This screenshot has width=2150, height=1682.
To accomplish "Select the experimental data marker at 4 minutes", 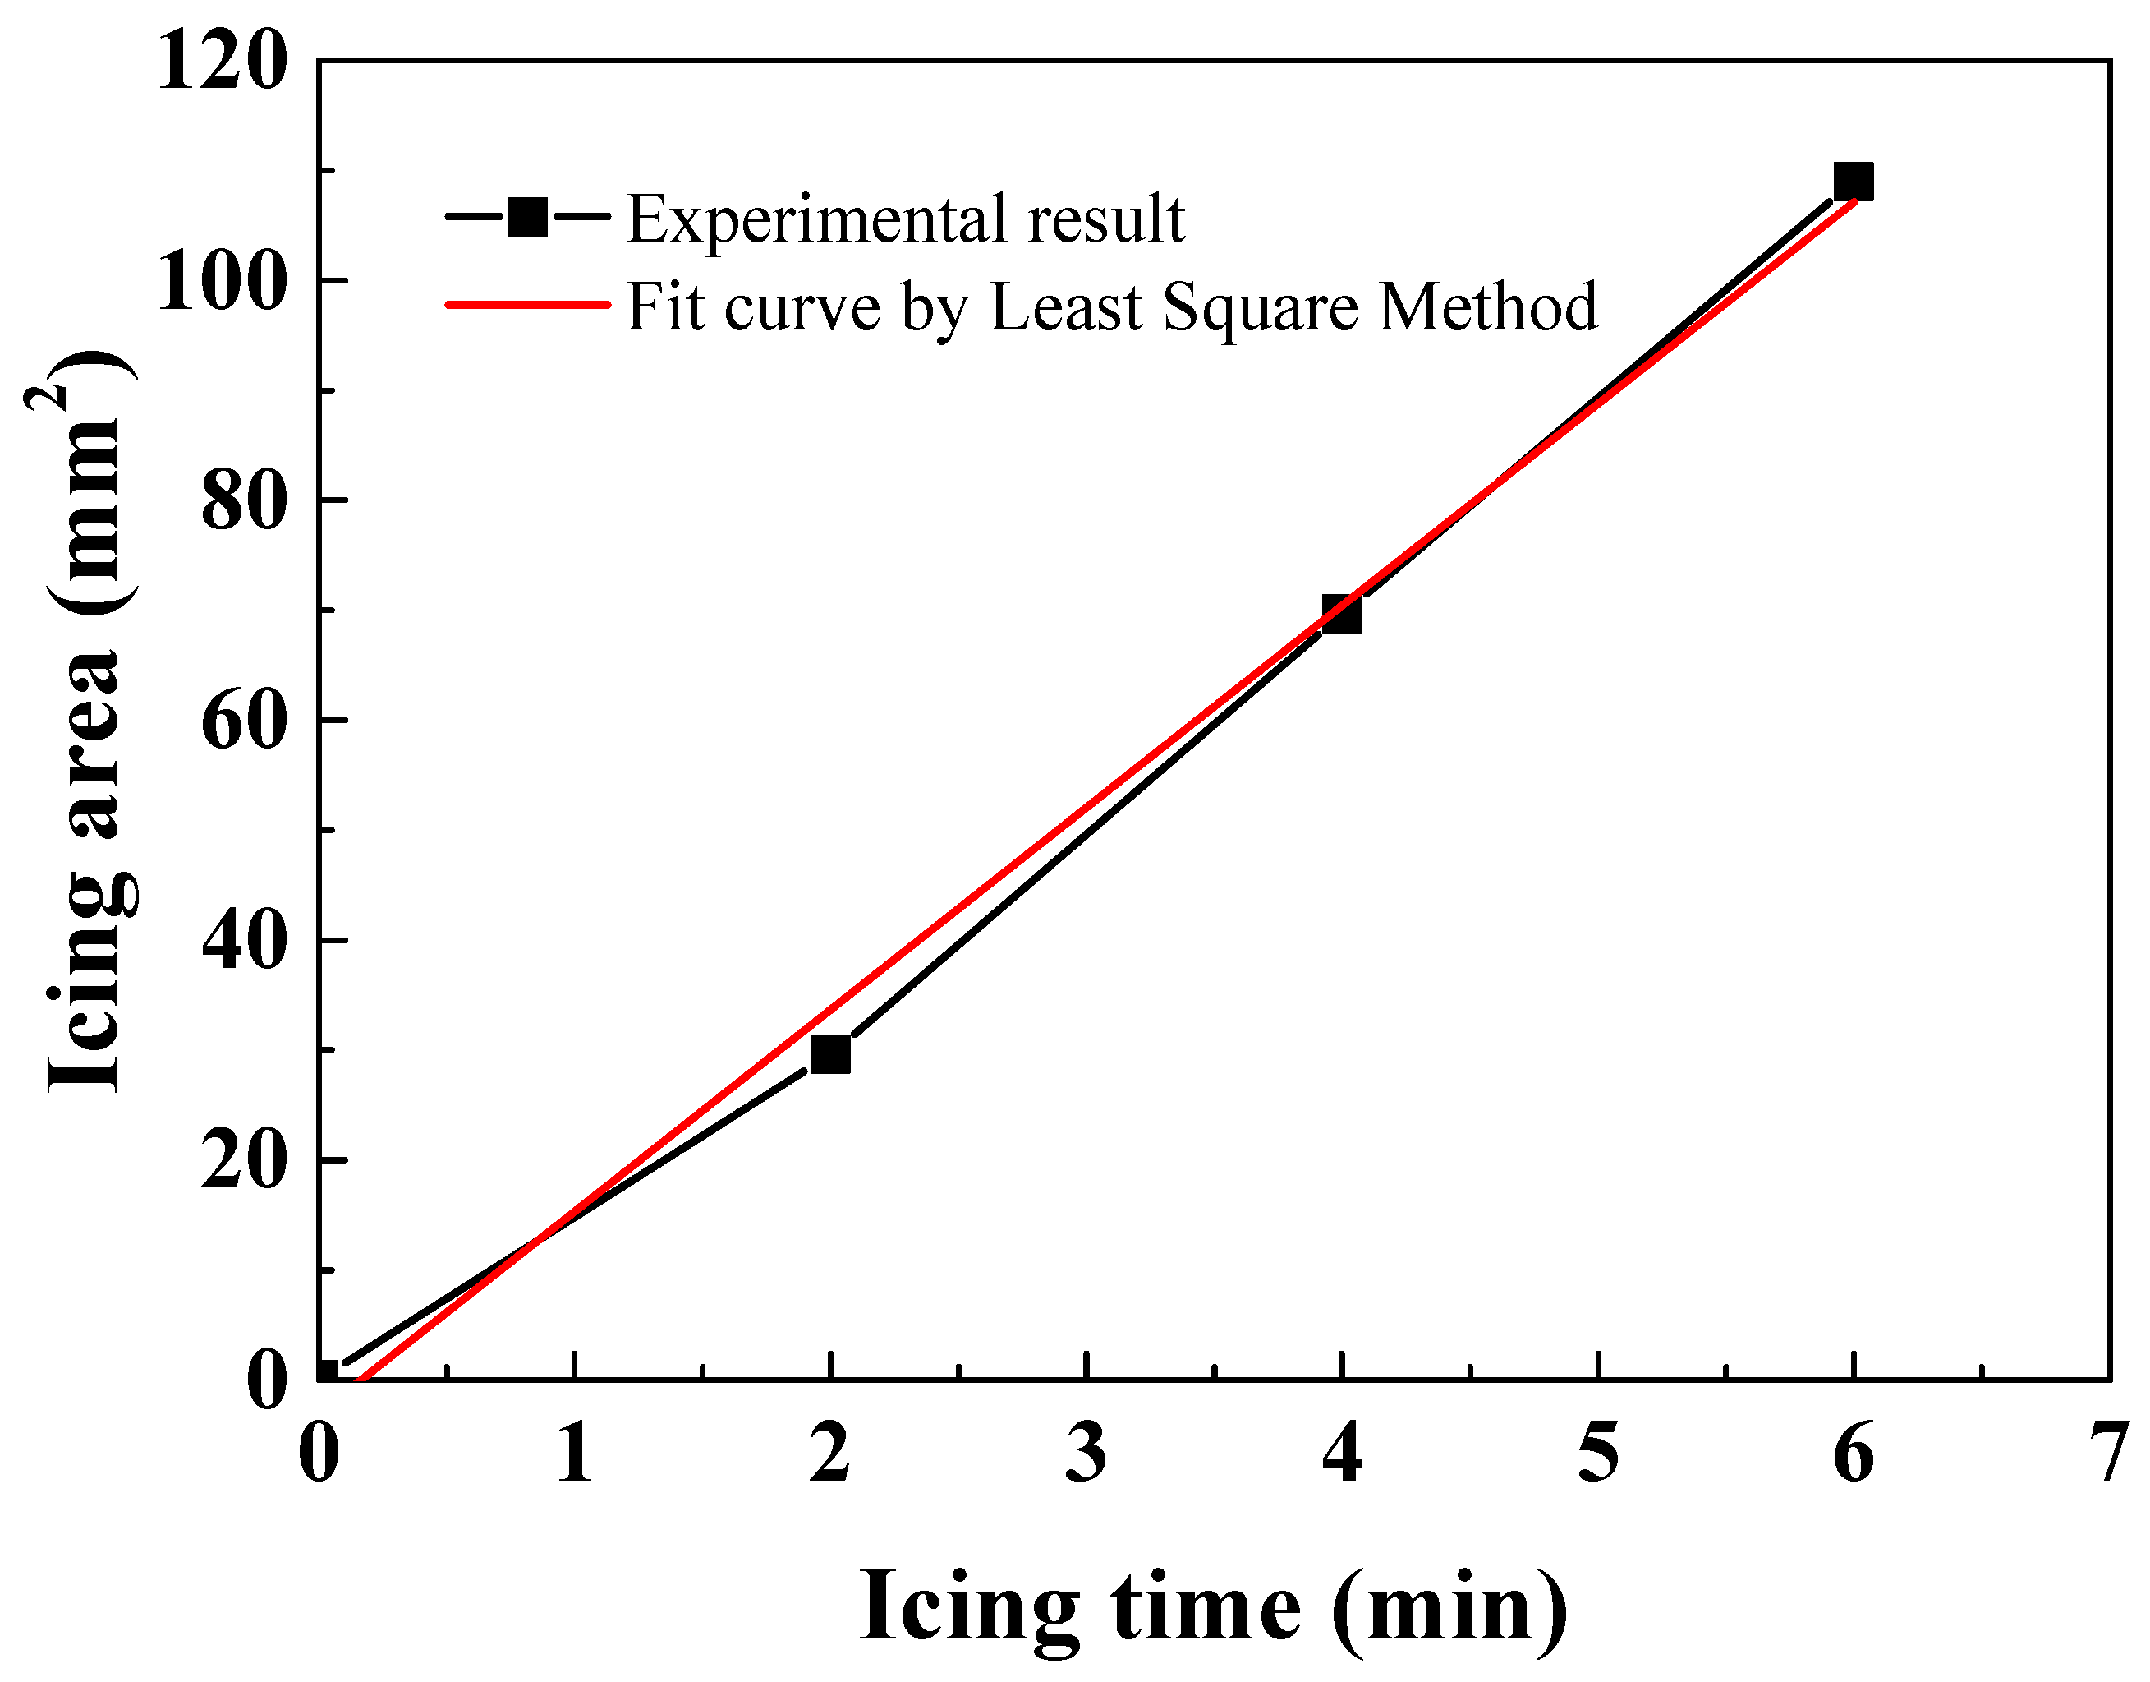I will tap(1341, 615).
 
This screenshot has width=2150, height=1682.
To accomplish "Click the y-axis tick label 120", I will tap(223, 61).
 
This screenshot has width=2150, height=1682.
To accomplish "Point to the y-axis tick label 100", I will tap(223, 283).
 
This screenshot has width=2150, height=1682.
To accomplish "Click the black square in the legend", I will tap(528, 218).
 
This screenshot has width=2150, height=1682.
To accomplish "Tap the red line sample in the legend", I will tap(528, 304).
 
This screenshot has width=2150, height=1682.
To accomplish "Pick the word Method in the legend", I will tap(1487, 307).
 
